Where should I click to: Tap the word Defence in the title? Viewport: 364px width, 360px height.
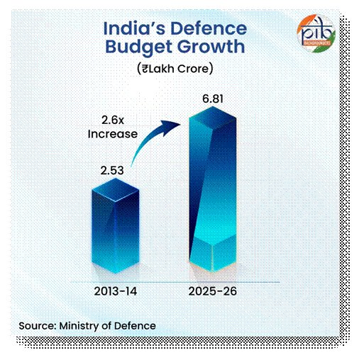tap(210, 29)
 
